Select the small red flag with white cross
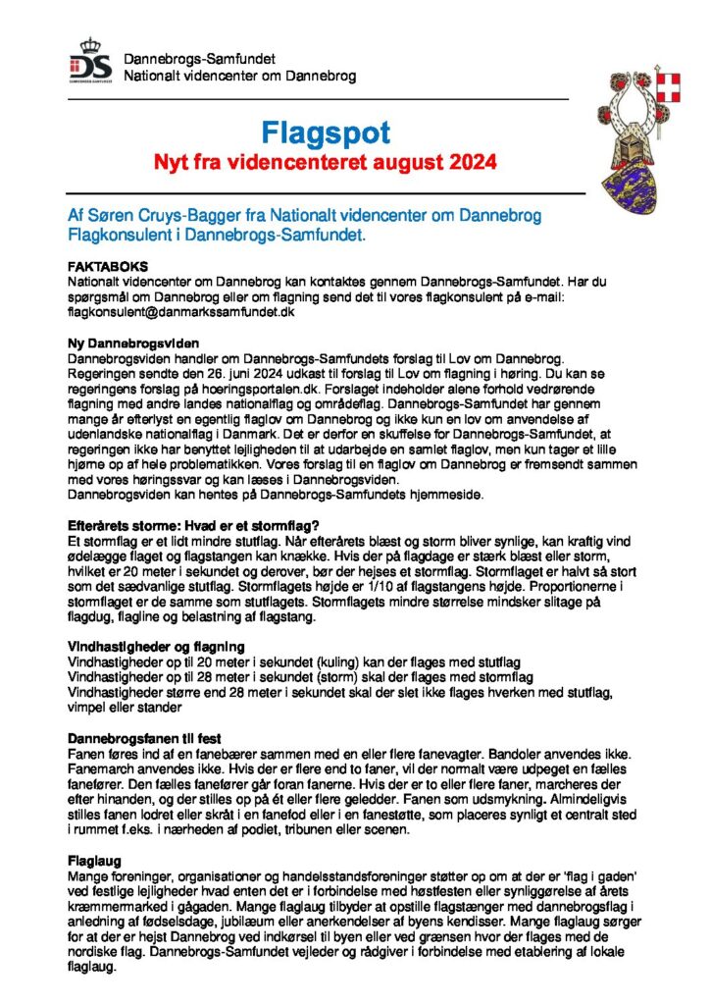point(671,83)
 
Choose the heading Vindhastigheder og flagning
point(155,646)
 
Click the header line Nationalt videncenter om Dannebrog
point(239,76)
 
